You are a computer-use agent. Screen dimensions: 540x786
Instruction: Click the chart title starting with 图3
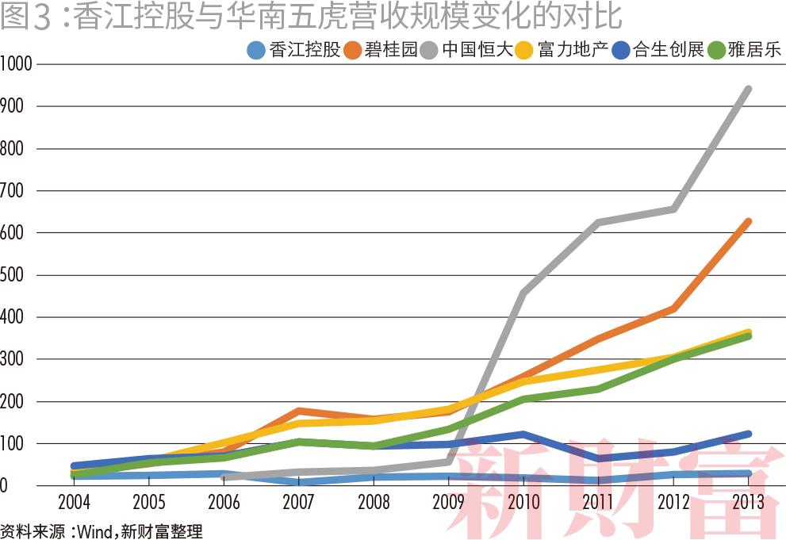coord(310,17)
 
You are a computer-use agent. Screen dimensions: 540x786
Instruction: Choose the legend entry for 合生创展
coord(658,50)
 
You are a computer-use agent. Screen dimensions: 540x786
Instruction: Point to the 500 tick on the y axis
coord(13,275)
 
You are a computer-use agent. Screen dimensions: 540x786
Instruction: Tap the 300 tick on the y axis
coord(13,359)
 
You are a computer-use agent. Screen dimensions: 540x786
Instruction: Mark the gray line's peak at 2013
coord(748,90)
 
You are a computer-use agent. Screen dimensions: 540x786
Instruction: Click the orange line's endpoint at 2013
coord(748,222)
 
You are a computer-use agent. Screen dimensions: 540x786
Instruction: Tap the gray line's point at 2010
coord(524,293)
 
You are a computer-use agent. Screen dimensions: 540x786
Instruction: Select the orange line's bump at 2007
coord(298,411)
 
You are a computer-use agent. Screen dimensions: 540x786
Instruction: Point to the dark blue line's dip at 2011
coord(599,458)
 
